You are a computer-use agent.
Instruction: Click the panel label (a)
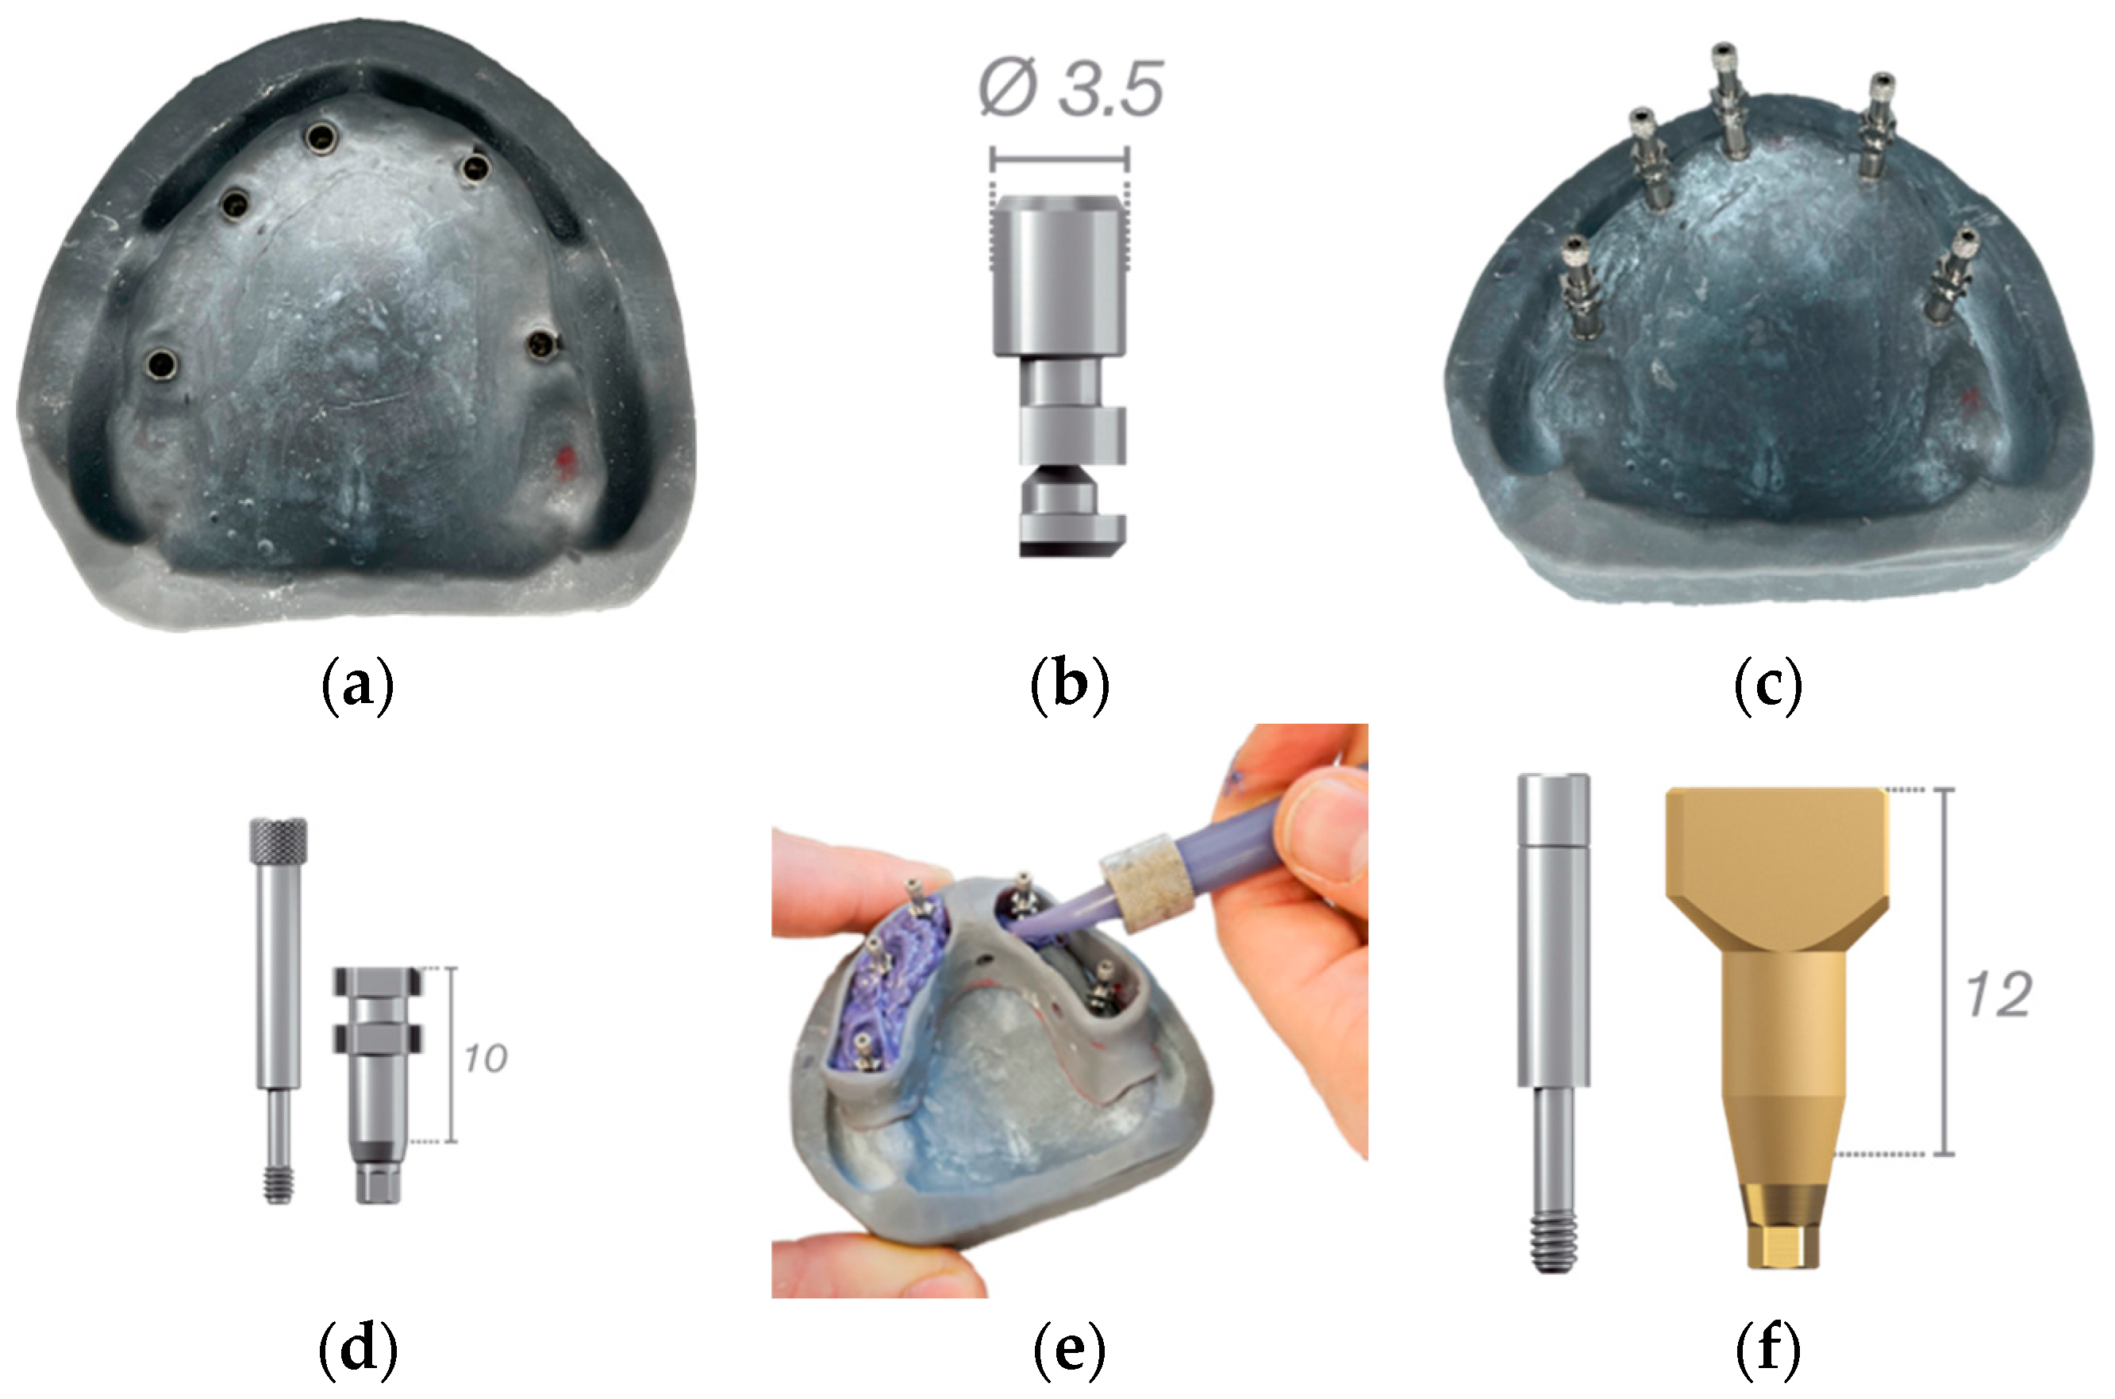pos(357,686)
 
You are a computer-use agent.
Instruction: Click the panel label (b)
pos(1069,686)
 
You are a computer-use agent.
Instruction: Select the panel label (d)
pos(357,1349)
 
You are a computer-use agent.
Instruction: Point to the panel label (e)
pos(1069,1349)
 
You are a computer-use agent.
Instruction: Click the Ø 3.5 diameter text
pos(1071,89)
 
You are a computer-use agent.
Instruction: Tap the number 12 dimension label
pos(1999,994)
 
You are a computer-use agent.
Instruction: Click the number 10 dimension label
pos(486,1058)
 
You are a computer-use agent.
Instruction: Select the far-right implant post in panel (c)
pos(1952,274)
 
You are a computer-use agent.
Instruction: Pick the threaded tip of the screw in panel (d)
pos(279,1186)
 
